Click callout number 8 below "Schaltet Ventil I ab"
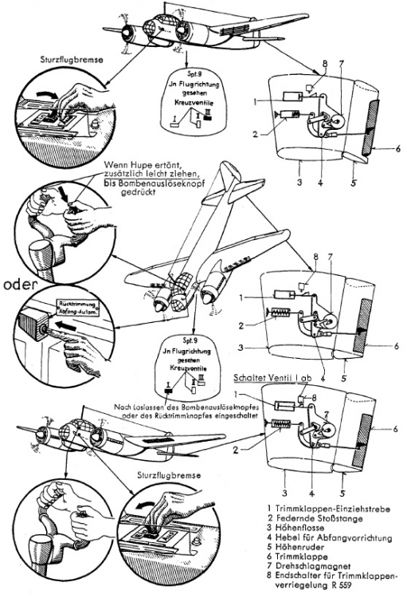[x=314, y=396]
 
